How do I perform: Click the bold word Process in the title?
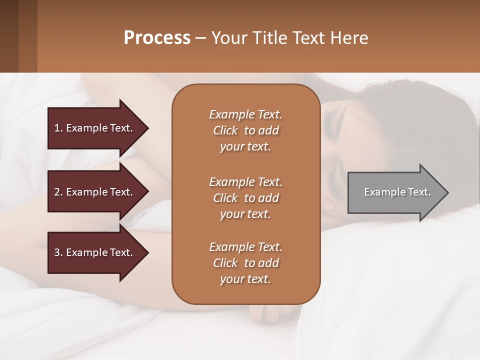click(x=157, y=38)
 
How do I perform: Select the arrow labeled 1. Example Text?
click(x=95, y=128)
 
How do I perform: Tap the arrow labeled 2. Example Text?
click(x=95, y=192)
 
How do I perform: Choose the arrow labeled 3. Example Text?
click(x=95, y=252)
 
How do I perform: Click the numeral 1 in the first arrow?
click(x=56, y=128)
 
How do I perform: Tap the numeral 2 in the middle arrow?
click(x=56, y=192)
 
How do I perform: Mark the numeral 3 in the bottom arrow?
click(x=56, y=252)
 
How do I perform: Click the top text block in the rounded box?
click(x=245, y=130)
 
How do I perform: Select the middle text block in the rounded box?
click(x=245, y=198)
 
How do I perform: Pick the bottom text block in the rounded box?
click(x=245, y=263)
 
